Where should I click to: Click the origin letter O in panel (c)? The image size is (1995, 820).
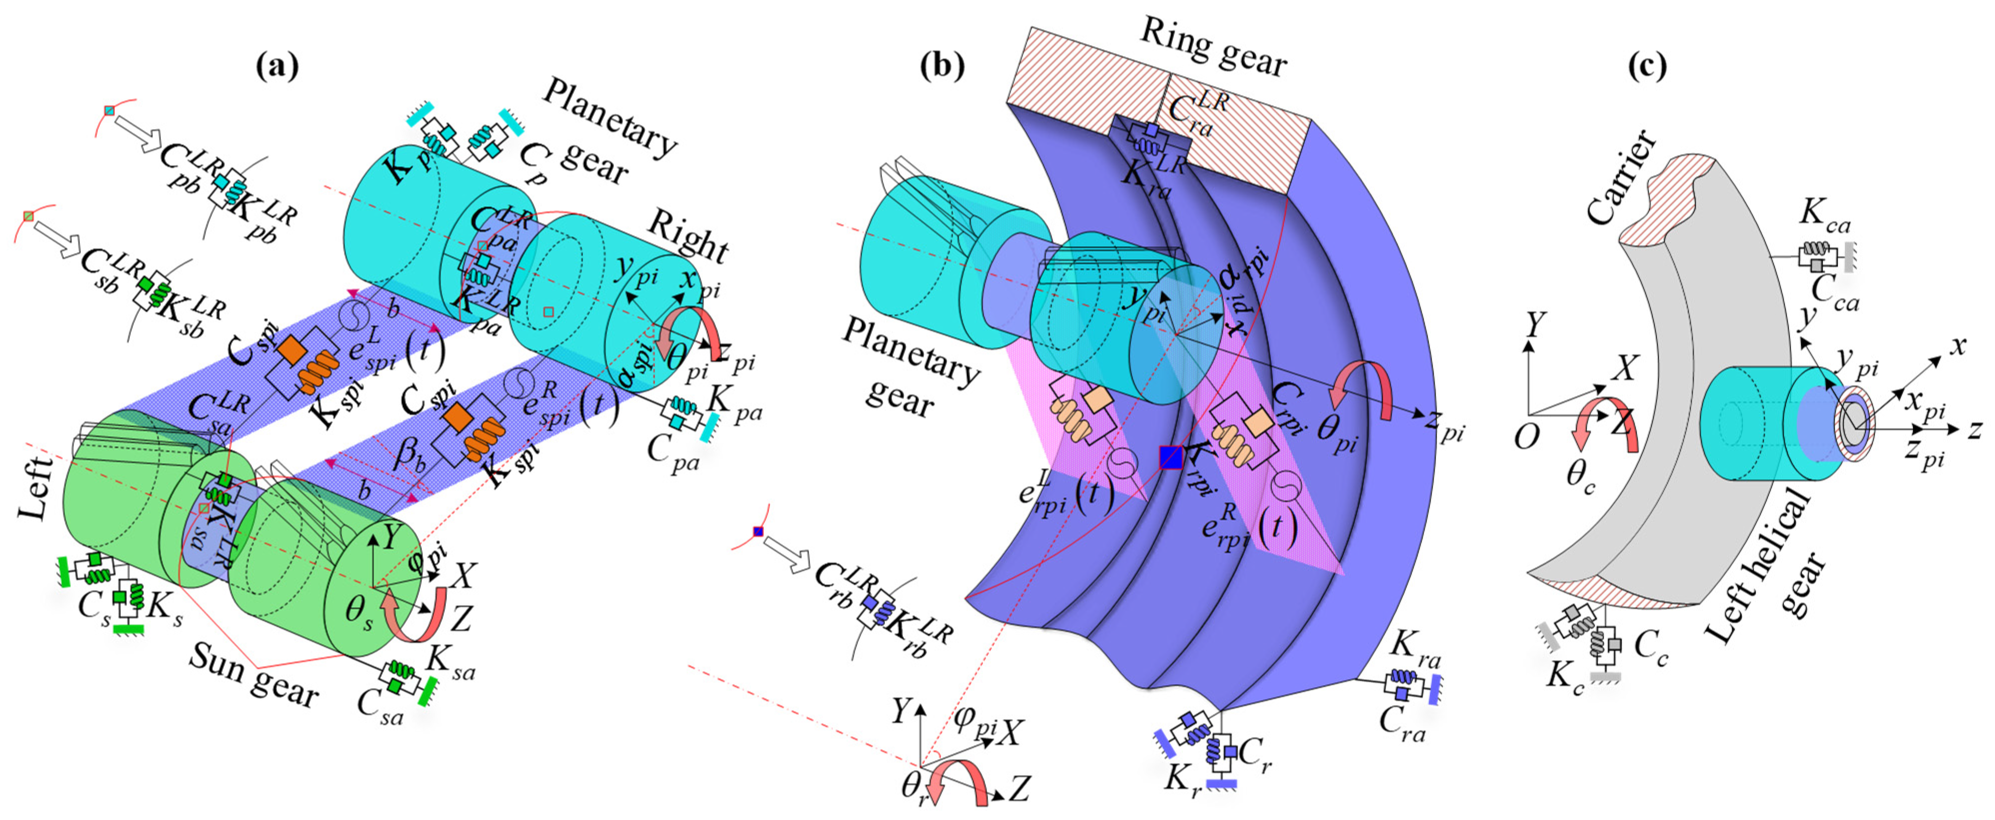tap(1525, 438)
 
